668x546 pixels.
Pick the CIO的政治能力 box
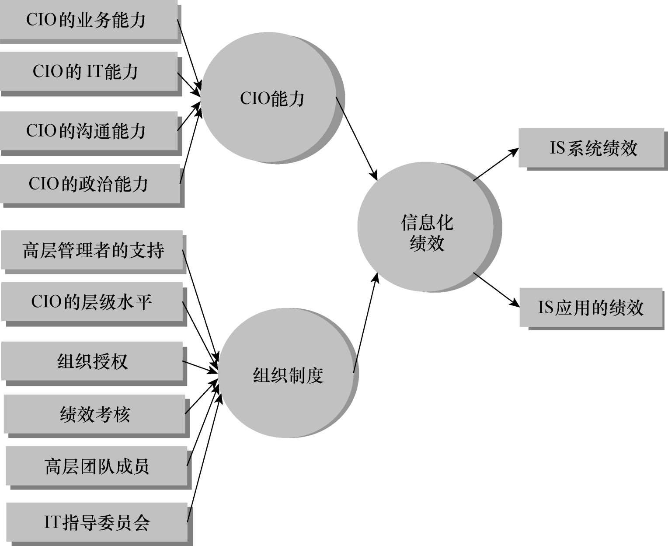point(90,183)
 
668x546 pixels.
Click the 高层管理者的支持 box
point(92,250)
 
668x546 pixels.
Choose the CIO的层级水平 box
point(92,302)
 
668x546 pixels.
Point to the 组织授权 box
point(92,361)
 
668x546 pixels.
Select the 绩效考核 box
point(94,414)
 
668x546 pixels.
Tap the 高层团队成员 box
point(96,466)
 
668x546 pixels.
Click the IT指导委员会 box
point(97,522)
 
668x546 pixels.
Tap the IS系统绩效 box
point(591,148)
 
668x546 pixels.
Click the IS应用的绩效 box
point(591,307)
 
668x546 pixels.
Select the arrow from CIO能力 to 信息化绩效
point(356,138)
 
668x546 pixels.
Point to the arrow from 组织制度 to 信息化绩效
point(365,324)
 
